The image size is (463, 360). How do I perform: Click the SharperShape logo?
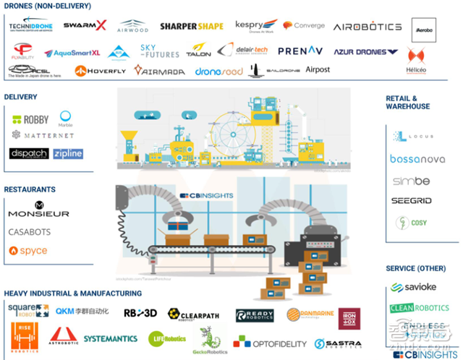[x=191, y=27]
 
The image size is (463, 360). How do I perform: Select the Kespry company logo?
[x=252, y=26]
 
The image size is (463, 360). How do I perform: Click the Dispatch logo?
[x=29, y=153]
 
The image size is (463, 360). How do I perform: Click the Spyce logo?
[x=29, y=251]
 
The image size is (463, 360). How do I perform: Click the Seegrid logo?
[x=412, y=200]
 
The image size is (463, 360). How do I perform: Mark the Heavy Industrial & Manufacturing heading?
[x=72, y=293]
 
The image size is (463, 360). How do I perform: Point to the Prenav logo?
[x=300, y=52]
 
